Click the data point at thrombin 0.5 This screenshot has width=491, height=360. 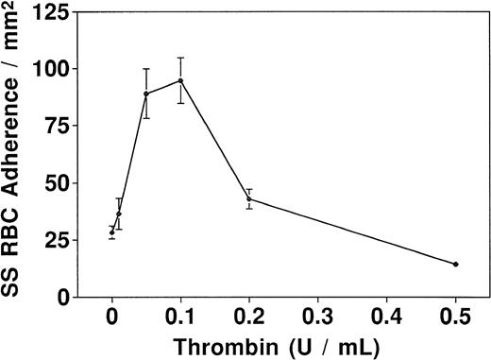(x=456, y=265)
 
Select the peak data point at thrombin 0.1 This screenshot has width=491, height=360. (x=180, y=80)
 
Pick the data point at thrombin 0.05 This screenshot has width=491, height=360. (x=146, y=94)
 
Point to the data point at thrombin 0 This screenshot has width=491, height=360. (x=111, y=232)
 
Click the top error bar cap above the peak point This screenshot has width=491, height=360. (x=180, y=58)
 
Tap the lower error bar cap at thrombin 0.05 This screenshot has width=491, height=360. (x=146, y=117)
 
